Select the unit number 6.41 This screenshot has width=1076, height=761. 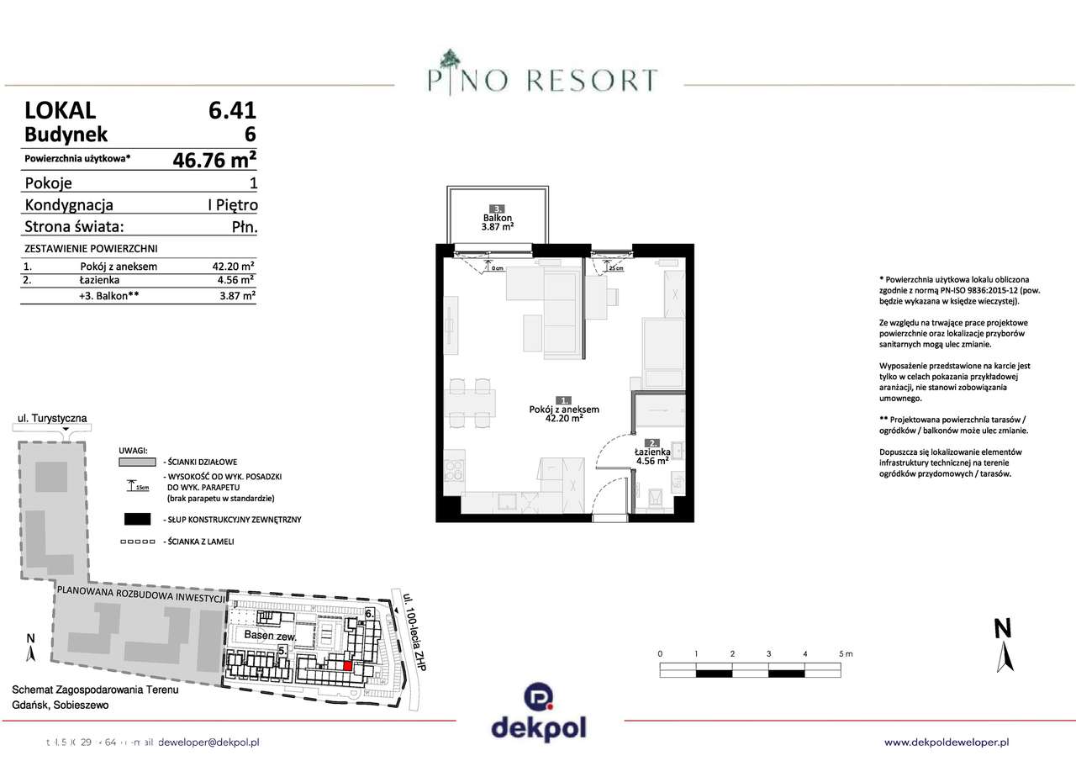click(x=231, y=110)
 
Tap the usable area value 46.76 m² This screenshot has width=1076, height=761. click(x=214, y=159)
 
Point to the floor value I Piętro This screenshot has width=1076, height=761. click(x=231, y=204)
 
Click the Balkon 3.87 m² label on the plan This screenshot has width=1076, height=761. click(x=498, y=222)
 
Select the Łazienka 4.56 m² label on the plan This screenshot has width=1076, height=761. click(x=651, y=455)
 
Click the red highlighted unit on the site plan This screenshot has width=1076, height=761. click(x=347, y=666)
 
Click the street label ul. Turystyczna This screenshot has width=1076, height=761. click(x=52, y=418)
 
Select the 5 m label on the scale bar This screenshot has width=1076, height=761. click(x=844, y=653)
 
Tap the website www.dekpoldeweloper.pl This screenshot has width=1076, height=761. click(x=947, y=742)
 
